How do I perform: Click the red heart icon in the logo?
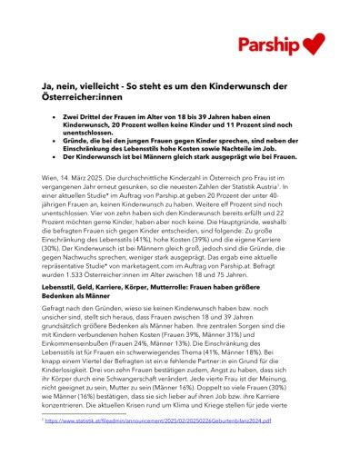(x=313, y=43)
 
